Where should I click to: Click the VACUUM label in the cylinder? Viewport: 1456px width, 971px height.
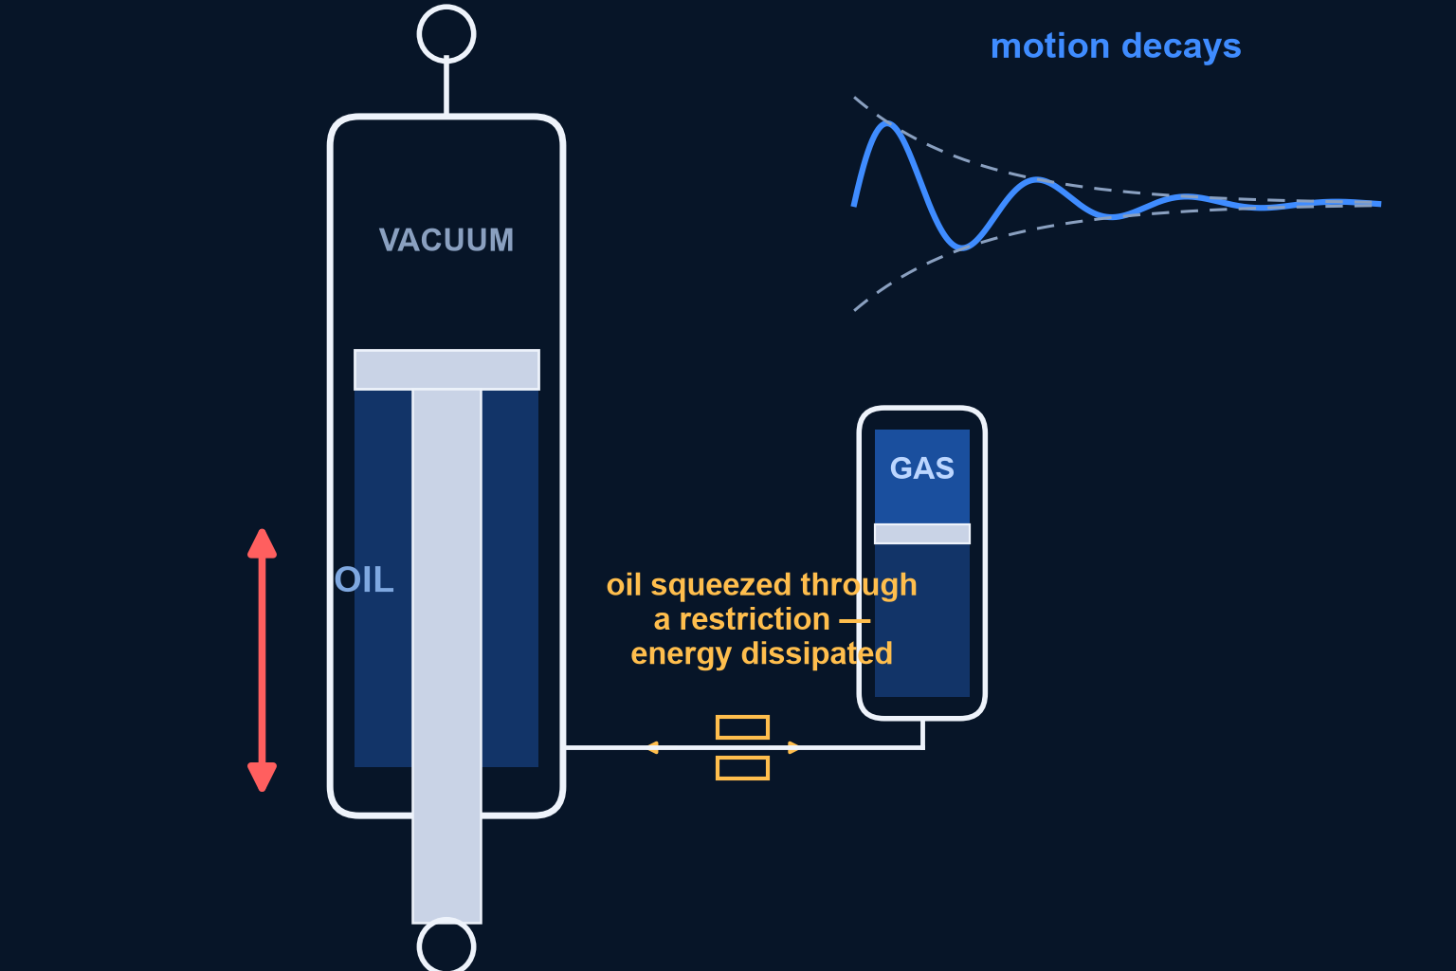pyautogui.click(x=446, y=240)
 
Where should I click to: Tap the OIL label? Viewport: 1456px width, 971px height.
pyautogui.click(x=364, y=579)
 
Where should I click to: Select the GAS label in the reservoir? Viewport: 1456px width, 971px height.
pyautogui.click(x=921, y=468)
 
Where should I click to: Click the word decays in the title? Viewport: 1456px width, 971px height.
pyautogui.click(x=1181, y=47)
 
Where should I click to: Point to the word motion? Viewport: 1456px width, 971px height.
pyautogui.click(x=1049, y=46)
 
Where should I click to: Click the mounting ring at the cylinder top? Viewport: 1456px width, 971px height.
pyautogui.click(x=446, y=34)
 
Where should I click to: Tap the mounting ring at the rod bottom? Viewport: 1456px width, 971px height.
pyautogui.click(x=446, y=945)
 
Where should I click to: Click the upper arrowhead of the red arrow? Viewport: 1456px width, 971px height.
pyautogui.click(x=262, y=543)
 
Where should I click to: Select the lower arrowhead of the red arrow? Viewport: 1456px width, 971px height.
pyautogui.click(x=262, y=778)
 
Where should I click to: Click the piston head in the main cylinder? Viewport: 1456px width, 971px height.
pyautogui.click(x=446, y=370)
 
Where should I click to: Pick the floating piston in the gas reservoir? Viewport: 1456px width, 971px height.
pyautogui.click(x=921, y=533)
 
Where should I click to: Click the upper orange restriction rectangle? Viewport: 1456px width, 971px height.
pyautogui.click(x=742, y=727)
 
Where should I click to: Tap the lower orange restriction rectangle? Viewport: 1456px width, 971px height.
pyautogui.click(x=742, y=768)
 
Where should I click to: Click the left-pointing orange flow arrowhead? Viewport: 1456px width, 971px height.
pyautogui.click(x=652, y=748)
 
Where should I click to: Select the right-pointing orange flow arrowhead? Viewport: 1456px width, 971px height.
pyautogui.click(x=794, y=748)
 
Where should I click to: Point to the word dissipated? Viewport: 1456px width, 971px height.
pyautogui.click(x=816, y=653)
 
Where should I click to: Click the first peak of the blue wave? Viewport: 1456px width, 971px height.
pyautogui.click(x=887, y=123)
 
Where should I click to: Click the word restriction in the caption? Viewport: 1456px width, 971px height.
pyautogui.click(x=754, y=619)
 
